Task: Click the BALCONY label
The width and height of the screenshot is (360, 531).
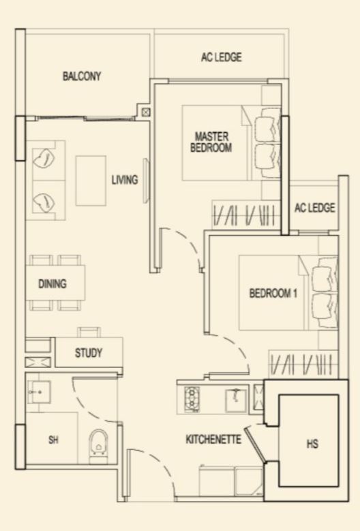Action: [x=82, y=76]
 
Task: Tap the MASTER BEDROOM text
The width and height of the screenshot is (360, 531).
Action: [x=211, y=142]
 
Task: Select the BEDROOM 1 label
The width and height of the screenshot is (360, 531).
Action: [x=273, y=293]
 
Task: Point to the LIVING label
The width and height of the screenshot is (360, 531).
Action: [x=125, y=179]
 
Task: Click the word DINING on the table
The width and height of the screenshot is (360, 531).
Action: [x=52, y=284]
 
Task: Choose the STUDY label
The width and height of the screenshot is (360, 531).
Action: [x=89, y=353]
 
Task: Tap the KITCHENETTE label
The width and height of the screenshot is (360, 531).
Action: [x=213, y=440]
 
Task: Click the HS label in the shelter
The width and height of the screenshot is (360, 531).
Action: [x=312, y=444]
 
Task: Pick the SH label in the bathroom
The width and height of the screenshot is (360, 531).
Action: [x=53, y=440]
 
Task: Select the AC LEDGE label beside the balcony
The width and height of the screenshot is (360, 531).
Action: [x=222, y=57]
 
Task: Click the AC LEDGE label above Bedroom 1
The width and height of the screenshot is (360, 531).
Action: [x=314, y=208]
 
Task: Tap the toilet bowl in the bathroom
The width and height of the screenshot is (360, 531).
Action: [x=98, y=446]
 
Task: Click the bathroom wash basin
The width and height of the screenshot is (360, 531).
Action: [x=40, y=392]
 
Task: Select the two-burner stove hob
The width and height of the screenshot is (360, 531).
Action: [x=192, y=399]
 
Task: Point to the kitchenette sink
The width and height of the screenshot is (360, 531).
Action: [x=235, y=401]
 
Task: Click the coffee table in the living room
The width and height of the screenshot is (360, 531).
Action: [x=91, y=181]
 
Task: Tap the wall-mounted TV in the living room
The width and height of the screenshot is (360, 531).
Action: [x=146, y=181]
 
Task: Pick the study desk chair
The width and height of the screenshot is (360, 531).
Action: [x=89, y=332]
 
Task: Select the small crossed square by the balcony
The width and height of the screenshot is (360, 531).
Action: [x=146, y=112]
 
